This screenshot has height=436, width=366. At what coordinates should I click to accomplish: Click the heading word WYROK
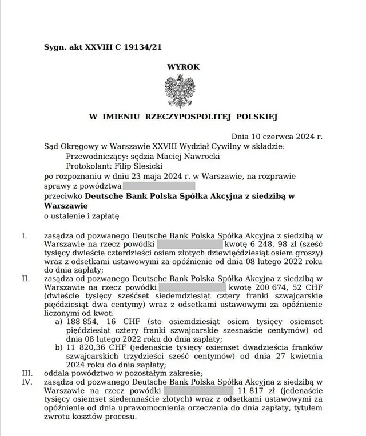coord(184,67)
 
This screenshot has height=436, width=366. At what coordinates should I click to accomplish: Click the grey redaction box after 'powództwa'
coord(159,186)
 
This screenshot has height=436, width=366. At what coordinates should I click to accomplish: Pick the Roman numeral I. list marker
coord(23,235)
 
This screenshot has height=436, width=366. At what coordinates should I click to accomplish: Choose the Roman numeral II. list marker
coord(25,278)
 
